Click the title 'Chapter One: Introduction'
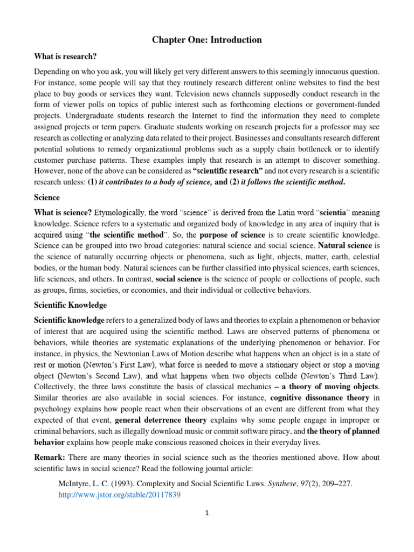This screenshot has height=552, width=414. (x=207, y=40)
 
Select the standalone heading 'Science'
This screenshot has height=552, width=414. (x=46, y=198)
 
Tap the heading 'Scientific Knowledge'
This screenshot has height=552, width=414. (x=70, y=305)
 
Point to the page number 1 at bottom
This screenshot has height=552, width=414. (x=207, y=513)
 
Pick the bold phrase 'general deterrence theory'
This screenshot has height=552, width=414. (x=161, y=419)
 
